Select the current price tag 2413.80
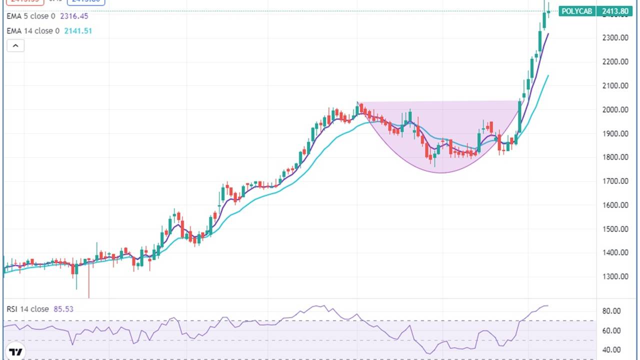(x=615, y=11)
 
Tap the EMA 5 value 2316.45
(x=74, y=16)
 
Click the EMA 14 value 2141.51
(x=78, y=31)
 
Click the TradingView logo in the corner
(x=16, y=351)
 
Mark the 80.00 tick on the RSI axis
(x=611, y=311)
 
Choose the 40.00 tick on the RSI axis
(x=611, y=350)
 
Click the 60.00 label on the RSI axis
(x=611, y=330)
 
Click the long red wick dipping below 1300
(x=88, y=285)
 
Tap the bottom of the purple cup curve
(x=442, y=172)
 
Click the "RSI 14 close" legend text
(x=28, y=309)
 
